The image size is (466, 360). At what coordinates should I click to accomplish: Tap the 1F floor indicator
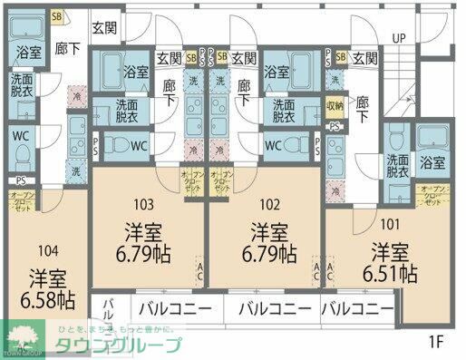437,342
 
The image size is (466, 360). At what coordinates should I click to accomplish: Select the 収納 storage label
335,105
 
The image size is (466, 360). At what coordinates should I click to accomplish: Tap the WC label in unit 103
139,145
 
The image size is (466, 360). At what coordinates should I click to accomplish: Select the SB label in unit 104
56,16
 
